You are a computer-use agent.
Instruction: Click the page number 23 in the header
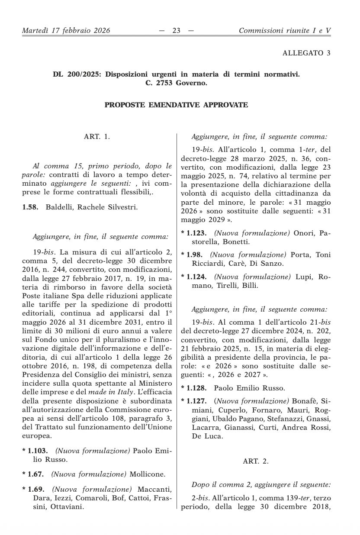[176, 30]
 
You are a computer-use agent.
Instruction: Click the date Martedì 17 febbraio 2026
[66, 30]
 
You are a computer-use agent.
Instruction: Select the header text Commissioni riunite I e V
[285, 30]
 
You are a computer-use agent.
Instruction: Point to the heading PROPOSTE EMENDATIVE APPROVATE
[176, 105]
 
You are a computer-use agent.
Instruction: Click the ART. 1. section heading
[97, 137]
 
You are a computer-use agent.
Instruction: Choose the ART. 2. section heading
[255, 461]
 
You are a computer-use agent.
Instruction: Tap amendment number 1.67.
[35, 474]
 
